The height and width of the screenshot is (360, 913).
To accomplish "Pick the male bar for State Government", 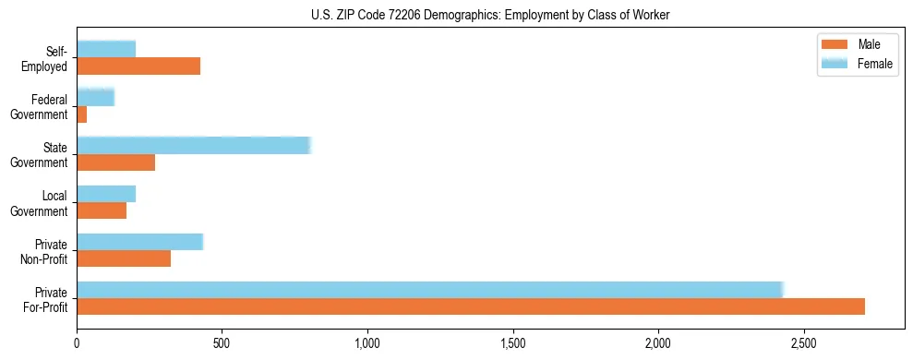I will [115, 162].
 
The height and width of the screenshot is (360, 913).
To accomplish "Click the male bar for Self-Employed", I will [138, 66].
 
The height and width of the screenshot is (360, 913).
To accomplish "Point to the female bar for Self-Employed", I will [106, 49].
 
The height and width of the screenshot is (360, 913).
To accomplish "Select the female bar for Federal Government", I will [95, 97].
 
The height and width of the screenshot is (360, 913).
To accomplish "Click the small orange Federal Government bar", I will [81, 114].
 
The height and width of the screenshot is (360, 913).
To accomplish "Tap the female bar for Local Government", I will [106, 193].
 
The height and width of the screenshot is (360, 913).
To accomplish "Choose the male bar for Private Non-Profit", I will [124, 258].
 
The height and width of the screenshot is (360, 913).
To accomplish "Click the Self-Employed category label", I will [50, 58].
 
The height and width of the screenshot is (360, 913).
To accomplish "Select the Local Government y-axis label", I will [40, 203].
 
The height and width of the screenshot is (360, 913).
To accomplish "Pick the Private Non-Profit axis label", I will [43, 251].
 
